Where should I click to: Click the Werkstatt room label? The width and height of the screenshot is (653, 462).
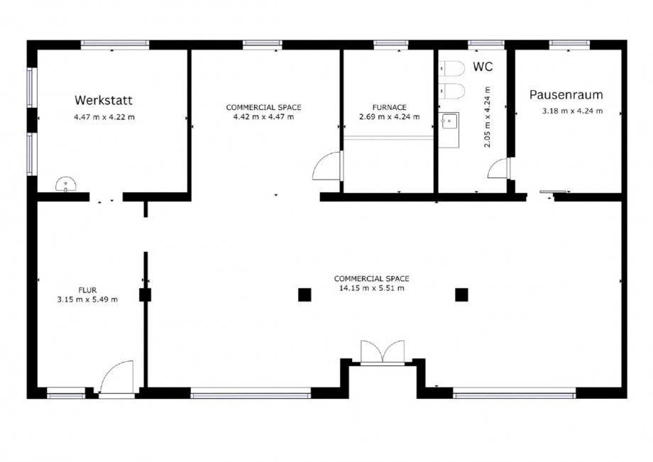pos(104,100)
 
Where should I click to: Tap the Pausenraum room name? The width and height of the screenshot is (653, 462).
pos(566,94)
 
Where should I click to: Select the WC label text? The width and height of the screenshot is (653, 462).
pos(483,66)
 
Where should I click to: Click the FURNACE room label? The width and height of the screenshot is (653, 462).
pos(390,107)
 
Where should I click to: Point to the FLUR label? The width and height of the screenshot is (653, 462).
pos(87,290)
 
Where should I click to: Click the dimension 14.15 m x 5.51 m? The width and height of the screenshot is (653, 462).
pos(371,287)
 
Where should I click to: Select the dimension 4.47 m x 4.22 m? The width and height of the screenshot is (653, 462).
pos(104,117)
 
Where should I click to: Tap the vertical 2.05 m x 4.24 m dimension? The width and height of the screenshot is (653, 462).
pos(487,117)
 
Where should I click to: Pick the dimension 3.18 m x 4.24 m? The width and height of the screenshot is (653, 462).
pos(572,111)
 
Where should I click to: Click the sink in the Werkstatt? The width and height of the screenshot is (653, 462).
pos(65,184)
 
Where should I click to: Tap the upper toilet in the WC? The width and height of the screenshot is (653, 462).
pos(452,68)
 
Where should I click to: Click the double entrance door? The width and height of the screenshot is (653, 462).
pos(383,353)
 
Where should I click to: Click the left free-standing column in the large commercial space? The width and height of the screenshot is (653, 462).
pos(304,295)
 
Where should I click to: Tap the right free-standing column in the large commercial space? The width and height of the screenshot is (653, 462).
pos(461,295)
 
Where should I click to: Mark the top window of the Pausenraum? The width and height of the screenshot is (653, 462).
pos(569,43)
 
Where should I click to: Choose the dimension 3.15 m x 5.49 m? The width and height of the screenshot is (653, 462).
pos(87,299)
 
